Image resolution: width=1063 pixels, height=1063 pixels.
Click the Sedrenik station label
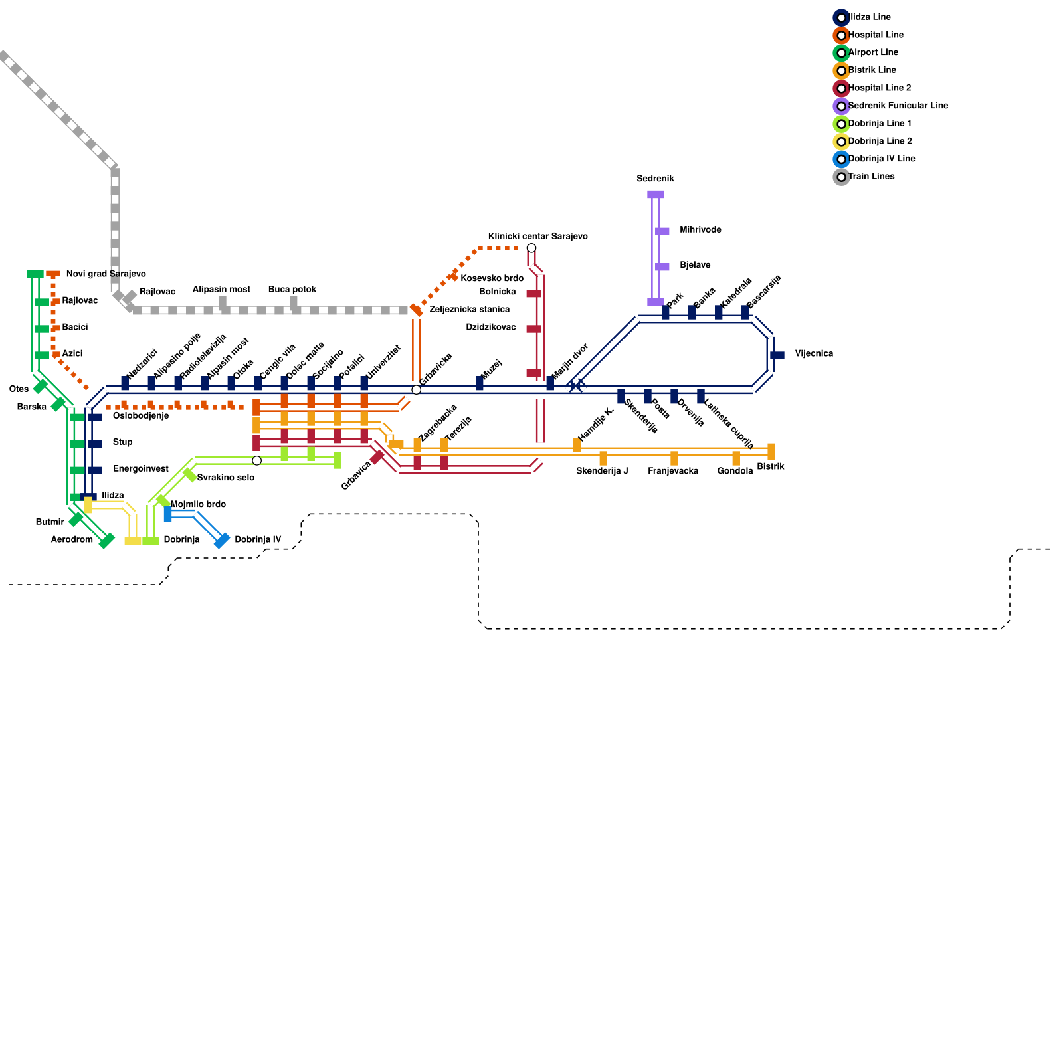(x=655, y=179)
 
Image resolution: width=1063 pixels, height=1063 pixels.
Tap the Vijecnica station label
(x=814, y=354)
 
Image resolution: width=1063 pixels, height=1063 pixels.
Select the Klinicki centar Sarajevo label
(x=537, y=237)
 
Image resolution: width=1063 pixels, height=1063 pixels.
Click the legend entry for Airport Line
(x=873, y=52)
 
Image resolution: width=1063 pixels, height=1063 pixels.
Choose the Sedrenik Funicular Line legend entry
(x=898, y=106)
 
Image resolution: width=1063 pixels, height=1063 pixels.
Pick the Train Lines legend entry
(x=871, y=177)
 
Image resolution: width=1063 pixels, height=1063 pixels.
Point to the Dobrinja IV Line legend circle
(x=841, y=159)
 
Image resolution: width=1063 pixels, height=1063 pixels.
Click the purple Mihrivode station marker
(x=662, y=231)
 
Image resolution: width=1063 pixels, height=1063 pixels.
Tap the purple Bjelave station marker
(x=662, y=267)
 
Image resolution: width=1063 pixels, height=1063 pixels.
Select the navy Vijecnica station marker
(x=777, y=355)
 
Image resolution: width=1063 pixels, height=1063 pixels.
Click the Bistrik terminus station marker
(x=771, y=452)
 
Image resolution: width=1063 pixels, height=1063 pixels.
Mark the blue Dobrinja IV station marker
(x=222, y=541)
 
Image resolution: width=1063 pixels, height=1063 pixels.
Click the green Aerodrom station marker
(x=106, y=541)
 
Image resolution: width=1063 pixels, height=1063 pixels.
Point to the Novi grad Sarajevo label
(x=106, y=274)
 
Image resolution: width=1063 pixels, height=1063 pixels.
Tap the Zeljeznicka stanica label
(x=469, y=310)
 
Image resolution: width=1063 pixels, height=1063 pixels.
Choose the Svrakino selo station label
(x=225, y=478)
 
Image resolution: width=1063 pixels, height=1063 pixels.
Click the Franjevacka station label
(x=673, y=471)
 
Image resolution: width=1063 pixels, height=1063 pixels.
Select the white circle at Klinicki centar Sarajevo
(x=531, y=248)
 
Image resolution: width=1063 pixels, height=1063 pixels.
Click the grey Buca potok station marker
(x=294, y=304)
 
